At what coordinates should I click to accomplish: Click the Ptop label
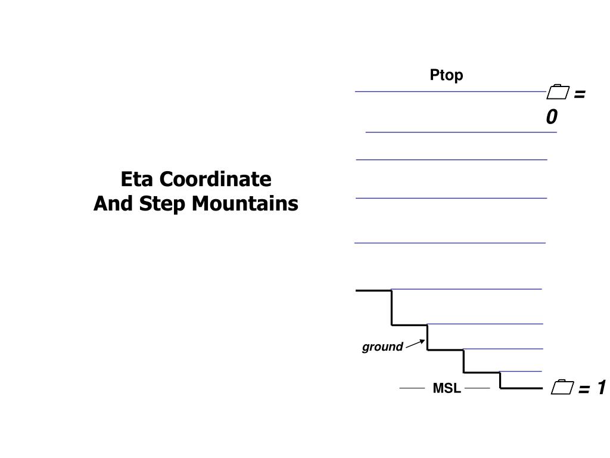pos(446,75)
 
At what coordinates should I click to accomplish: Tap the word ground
pos(382,347)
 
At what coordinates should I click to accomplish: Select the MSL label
pos(447,388)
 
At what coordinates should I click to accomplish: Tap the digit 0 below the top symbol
pos(552,117)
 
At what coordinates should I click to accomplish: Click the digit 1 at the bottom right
pos(600,388)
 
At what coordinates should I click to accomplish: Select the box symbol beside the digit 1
pos(561,388)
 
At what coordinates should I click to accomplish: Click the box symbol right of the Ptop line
pos(558,93)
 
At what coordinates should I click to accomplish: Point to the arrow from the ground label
pos(415,343)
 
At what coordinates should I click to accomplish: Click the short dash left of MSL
pos(412,388)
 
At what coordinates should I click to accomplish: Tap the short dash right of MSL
pos(477,388)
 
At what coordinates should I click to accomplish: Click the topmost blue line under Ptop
pos(450,91)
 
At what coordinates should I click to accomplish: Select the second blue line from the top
pos(461,132)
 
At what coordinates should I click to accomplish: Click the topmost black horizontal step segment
pos(374,290)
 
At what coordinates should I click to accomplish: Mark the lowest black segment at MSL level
pos(521,388)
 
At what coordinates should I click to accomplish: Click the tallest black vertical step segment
pos(391,307)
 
